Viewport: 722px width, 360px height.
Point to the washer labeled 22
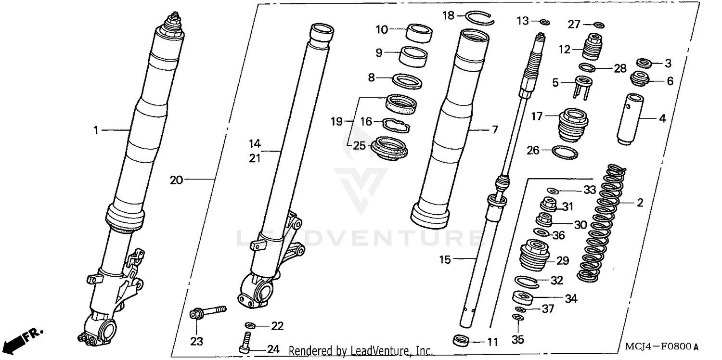251,326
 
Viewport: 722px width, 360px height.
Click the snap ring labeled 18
480,17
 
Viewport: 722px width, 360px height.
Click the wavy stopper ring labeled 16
396,125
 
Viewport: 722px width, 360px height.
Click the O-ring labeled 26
564,152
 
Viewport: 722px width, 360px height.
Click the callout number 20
176,180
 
